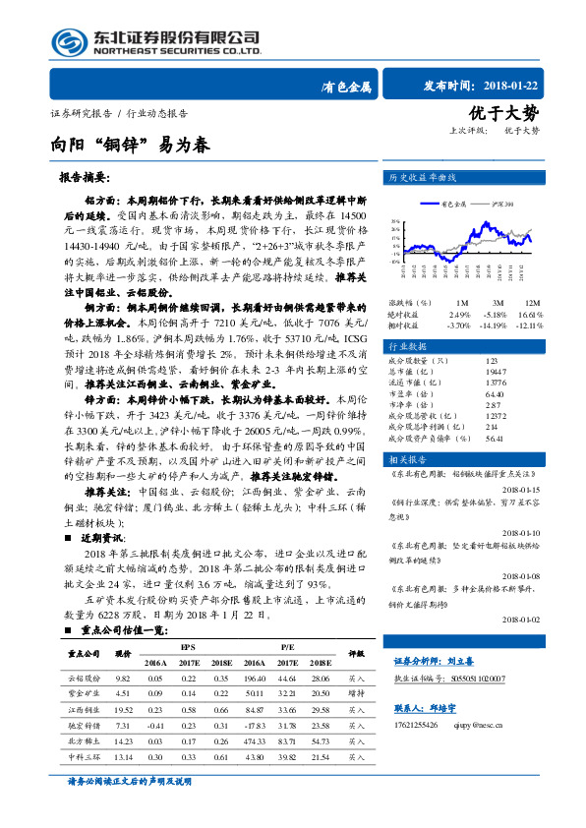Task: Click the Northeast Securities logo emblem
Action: pyautogui.click(x=73, y=41)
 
